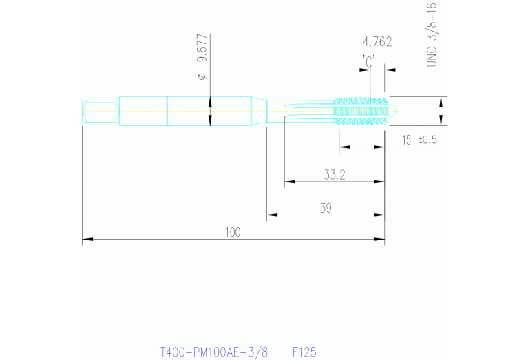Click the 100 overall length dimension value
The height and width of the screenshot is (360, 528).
click(x=233, y=232)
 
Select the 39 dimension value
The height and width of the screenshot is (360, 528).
click(x=324, y=207)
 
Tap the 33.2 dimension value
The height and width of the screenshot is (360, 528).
click(x=335, y=175)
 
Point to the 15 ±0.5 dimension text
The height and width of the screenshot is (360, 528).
click(x=419, y=140)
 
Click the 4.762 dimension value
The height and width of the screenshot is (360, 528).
click(x=377, y=42)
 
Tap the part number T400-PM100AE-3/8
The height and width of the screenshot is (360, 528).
click(x=213, y=352)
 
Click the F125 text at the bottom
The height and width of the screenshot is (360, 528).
click(x=304, y=352)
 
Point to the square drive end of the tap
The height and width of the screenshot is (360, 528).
click(x=98, y=112)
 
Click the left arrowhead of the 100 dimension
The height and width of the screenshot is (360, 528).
click(x=86, y=240)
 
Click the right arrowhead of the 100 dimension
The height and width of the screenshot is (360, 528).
click(x=380, y=240)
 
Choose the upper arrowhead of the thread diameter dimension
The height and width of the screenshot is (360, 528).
click(x=441, y=100)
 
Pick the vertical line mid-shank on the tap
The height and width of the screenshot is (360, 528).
click(x=169, y=112)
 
